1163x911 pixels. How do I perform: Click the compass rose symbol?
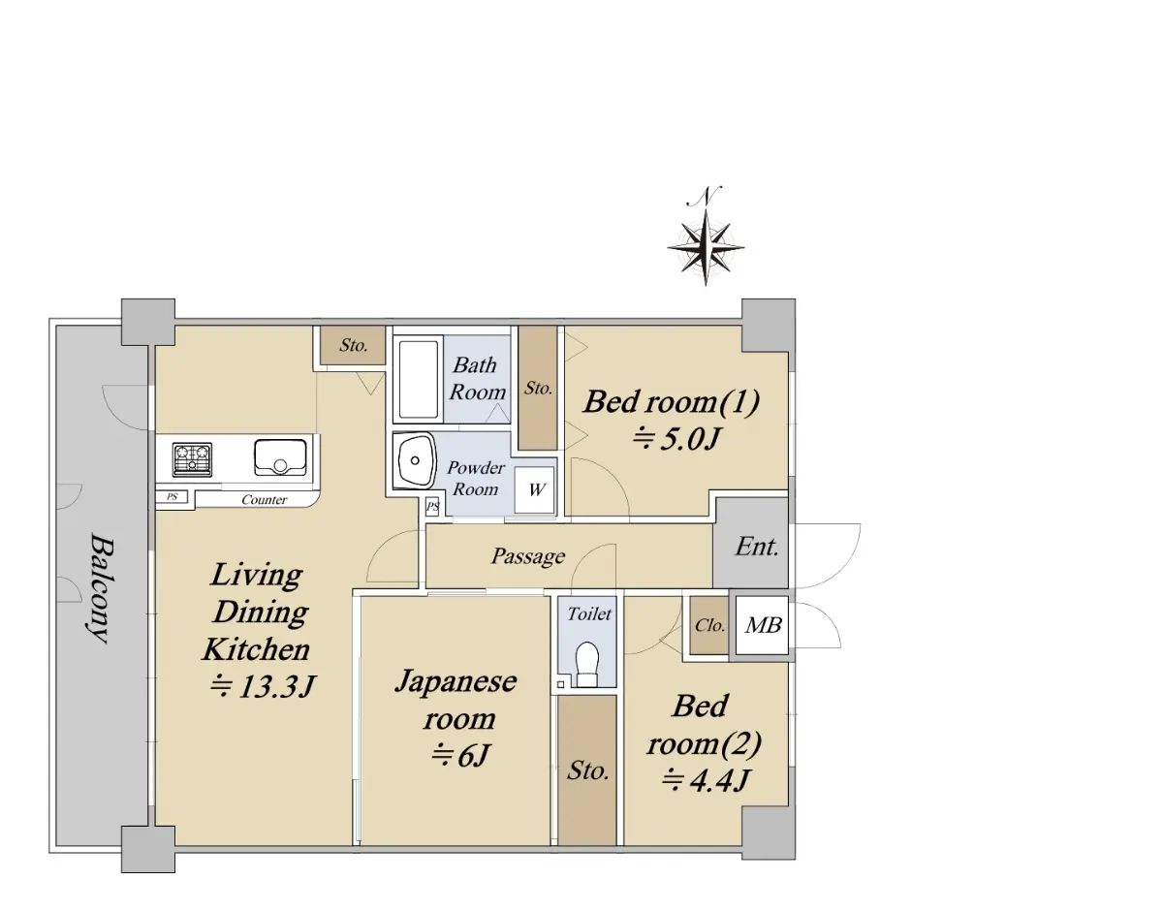(706, 248)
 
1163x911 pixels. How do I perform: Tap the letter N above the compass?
(705, 197)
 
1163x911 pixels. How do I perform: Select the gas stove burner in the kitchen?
(192, 459)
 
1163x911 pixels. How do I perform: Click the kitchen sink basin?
(280, 457)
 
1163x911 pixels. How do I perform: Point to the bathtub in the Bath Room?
(418, 379)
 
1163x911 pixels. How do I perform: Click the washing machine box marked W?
(535, 490)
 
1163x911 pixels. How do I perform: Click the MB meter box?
(762, 625)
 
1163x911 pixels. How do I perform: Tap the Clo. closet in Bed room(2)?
(708, 625)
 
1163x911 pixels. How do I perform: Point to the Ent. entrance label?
(756, 547)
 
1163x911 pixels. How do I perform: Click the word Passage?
(528, 556)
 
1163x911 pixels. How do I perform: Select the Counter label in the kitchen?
(265, 500)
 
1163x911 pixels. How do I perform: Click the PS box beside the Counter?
(172, 497)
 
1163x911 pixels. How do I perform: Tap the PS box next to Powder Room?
(432, 507)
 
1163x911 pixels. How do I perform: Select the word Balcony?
(101, 587)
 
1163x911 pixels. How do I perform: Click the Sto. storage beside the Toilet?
(587, 771)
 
